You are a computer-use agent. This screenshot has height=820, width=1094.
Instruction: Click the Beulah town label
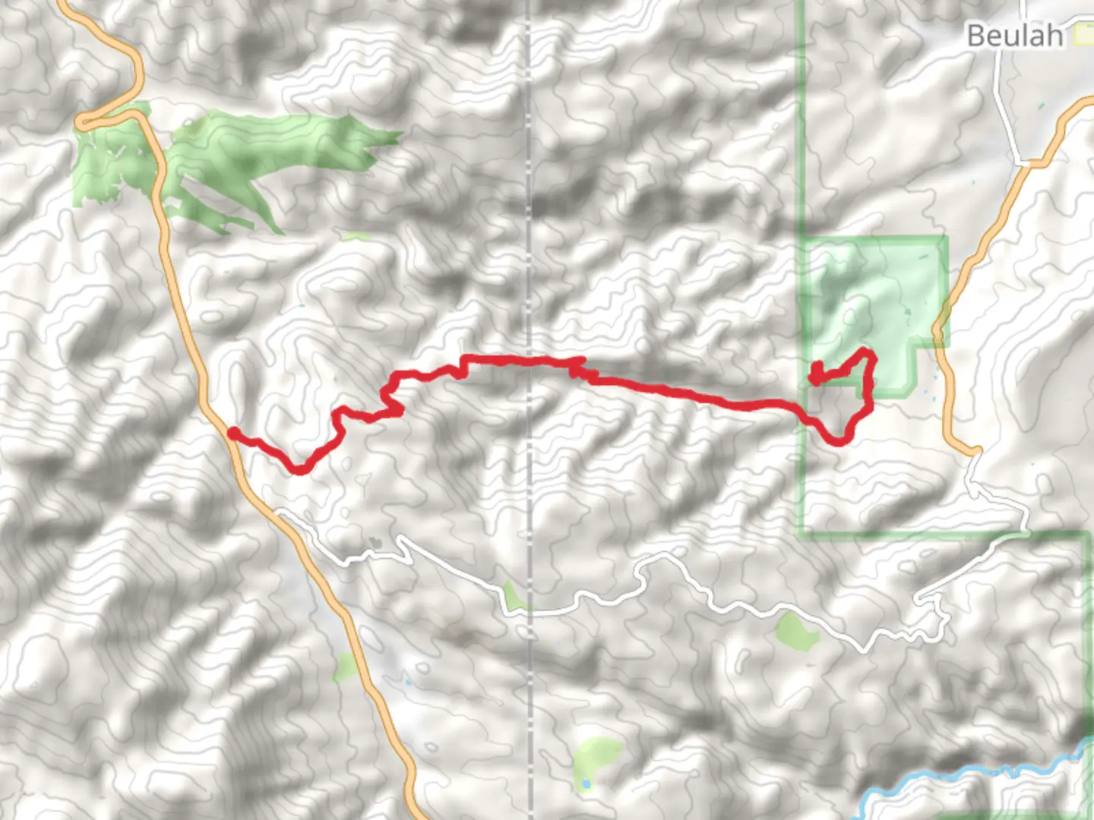click(x=1014, y=35)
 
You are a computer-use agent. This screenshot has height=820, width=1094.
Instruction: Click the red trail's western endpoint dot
click(x=235, y=433)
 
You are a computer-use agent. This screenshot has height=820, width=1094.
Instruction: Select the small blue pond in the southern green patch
click(x=585, y=783)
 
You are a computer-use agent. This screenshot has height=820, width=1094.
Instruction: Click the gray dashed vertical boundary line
click(x=530, y=228)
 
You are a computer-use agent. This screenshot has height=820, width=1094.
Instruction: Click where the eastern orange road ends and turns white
click(x=975, y=453)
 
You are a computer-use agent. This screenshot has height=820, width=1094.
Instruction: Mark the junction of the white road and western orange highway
click(x=280, y=513)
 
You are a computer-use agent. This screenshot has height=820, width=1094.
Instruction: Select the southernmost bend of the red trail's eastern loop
click(x=839, y=441)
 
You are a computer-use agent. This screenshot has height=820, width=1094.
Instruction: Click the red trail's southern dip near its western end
click(x=299, y=470)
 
